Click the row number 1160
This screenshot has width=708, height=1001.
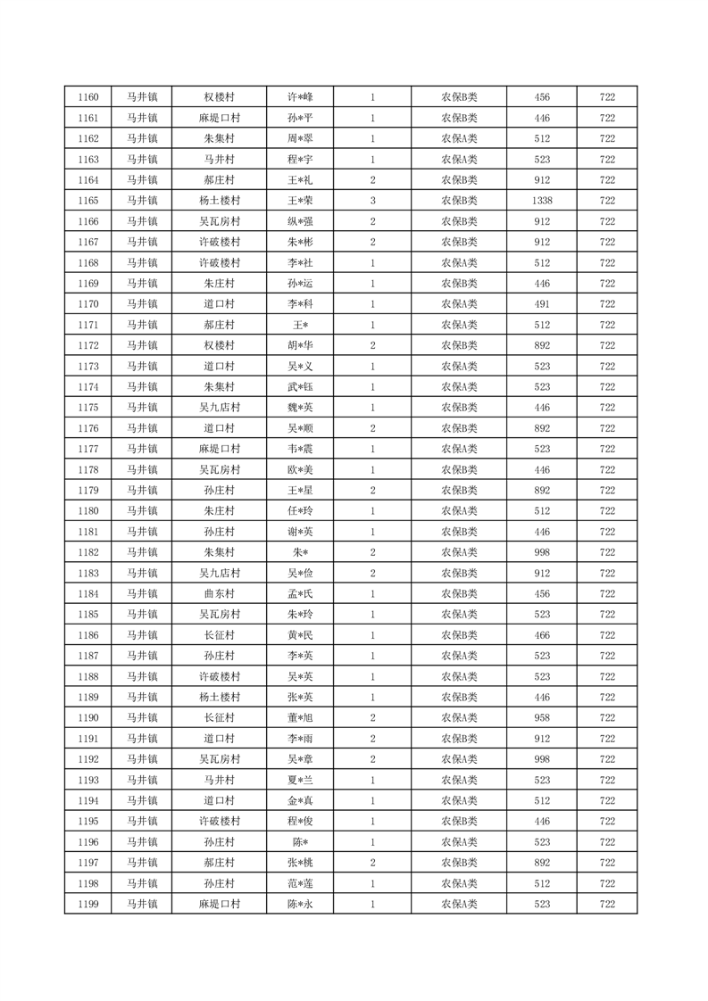(x=88, y=97)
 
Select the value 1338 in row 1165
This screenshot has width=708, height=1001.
(x=542, y=201)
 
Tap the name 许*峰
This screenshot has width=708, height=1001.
(x=300, y=97)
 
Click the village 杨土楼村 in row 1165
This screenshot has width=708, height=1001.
(x=219, y=201)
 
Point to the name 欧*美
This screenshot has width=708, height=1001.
(x=300, y=470)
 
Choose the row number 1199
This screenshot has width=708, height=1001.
(x=88, y=904)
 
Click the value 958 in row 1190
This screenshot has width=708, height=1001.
(x=542, y=718)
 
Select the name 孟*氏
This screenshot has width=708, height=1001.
(x=300, y=594)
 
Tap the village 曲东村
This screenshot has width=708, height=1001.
(x=219, y=594)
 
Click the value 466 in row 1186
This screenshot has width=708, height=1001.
(x=542, y=635)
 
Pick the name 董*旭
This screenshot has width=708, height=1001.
(x=300, y=718)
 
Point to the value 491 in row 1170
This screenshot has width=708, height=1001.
(x=542, y=304)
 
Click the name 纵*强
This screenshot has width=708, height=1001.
(x=300, y=221)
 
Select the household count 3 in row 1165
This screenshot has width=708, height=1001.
(x=372, y=201)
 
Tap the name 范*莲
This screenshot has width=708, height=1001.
(x=300, y=883)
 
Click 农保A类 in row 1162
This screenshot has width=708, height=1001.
(x=459, y=138)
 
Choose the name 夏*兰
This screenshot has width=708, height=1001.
(x=300, y=780)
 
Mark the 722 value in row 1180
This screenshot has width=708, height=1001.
(x=607, y=511)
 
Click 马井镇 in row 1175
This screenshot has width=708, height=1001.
(x=141, y=408)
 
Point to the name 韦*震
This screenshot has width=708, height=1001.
(x=300, y=449)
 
